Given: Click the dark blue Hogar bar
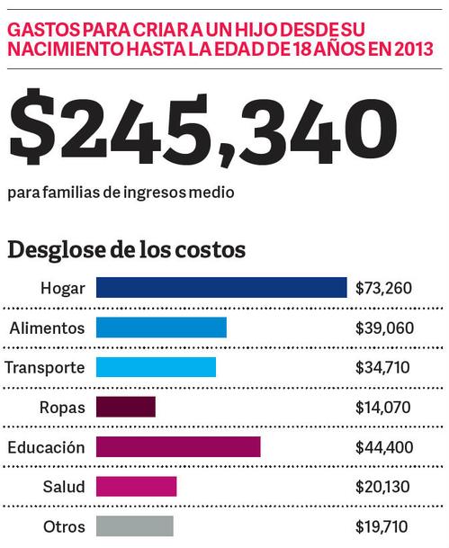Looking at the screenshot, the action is coord(221,288).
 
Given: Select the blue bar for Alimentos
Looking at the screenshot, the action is coord(161,328).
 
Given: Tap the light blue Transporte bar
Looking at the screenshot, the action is coord(157,367).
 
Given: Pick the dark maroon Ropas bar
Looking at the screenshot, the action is coord(126,407).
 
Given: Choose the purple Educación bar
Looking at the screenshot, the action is coord(178,446).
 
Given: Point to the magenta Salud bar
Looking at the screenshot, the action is coord(136,487).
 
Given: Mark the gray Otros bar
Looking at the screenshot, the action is coord(135,526).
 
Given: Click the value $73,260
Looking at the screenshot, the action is coord(383,288).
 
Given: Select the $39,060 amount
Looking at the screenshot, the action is coord(384,328).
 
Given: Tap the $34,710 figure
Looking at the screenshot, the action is coord(382,368).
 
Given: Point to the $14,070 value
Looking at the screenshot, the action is coord(382,408).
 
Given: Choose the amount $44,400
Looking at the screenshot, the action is coord(384,447).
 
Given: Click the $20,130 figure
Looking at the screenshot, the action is coord(382,487).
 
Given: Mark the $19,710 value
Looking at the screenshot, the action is coord(382,526).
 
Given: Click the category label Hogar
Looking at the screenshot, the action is coord(63,289).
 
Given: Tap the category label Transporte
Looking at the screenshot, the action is coord(45,368).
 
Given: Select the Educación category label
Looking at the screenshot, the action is coord(46,447).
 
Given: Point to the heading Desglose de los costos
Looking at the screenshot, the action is coord(127,250).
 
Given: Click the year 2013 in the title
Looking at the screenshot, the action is coord(414,49).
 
